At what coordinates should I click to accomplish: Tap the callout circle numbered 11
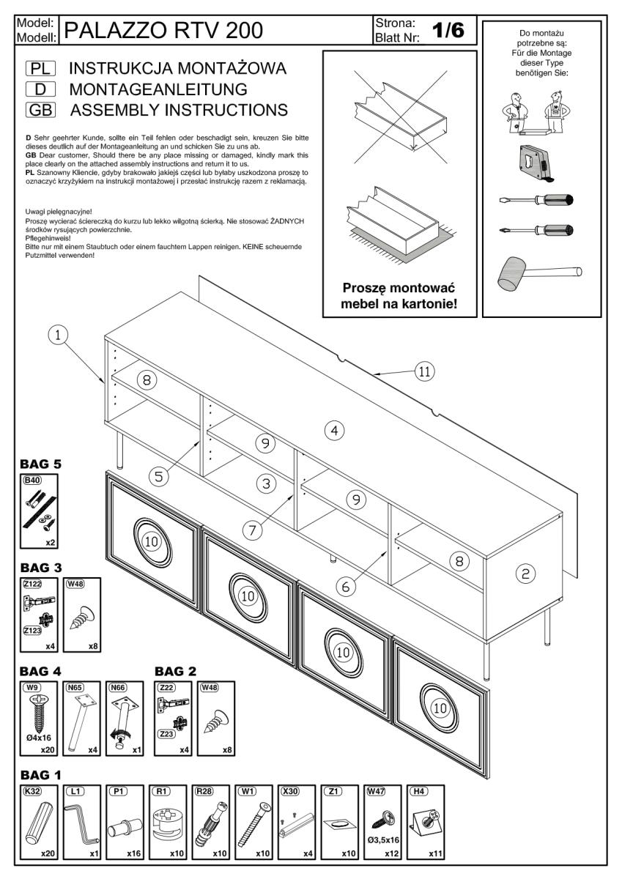point(423,371)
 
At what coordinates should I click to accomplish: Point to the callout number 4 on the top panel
point(335,431)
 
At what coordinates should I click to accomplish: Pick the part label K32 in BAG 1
point(32,792)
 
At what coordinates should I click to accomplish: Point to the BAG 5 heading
point(42,464)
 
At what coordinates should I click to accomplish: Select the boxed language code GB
point(39,111)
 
